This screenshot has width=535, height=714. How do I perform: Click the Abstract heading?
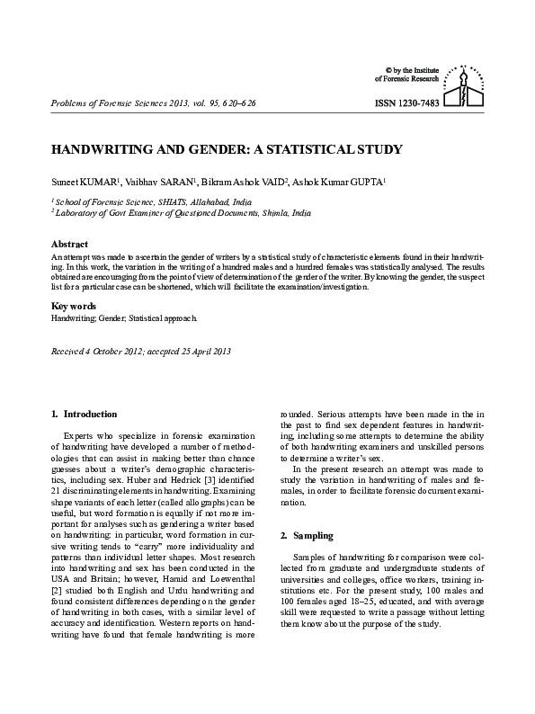69,245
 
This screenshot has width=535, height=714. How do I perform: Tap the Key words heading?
73,307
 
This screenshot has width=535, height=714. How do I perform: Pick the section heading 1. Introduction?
85,414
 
